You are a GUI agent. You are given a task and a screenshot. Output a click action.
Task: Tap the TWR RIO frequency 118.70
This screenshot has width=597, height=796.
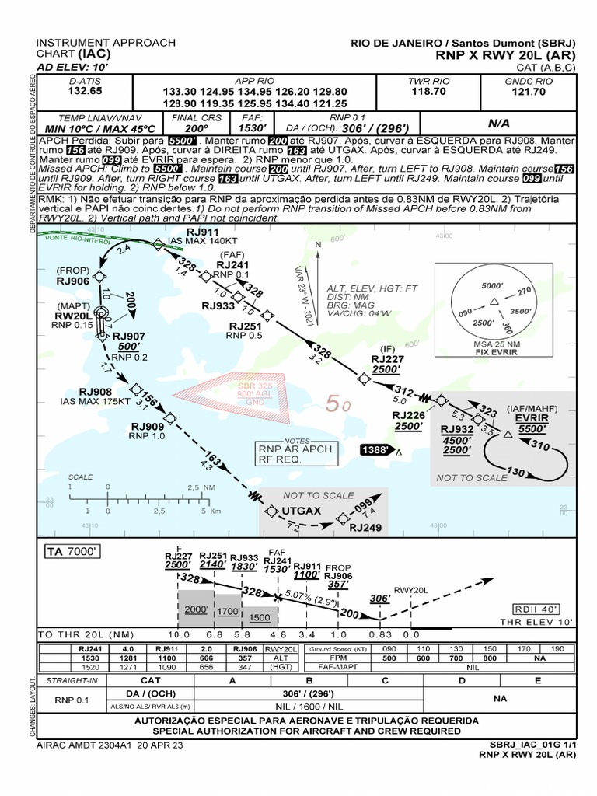tap(429, 91)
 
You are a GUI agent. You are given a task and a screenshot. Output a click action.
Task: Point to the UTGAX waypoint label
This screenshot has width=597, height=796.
tap(302, 511)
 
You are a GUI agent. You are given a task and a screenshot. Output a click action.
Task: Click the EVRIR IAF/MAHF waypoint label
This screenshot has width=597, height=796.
tap(532, 417)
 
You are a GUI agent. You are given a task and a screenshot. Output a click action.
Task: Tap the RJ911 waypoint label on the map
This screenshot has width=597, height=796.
tap(203, 232)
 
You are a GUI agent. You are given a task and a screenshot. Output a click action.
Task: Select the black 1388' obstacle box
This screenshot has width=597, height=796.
tap(376, 450)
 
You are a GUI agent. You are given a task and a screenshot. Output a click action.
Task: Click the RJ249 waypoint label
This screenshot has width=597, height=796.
tap(365, 528)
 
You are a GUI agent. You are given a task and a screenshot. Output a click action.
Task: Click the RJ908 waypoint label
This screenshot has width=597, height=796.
tap(95, 392)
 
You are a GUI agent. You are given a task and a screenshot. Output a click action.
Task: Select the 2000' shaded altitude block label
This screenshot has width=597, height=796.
tap(195, 610)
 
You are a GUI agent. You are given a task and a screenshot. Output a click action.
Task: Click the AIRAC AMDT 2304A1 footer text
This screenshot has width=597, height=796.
tap(110, 744)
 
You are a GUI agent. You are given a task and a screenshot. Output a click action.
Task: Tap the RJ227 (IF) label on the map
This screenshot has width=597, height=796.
tap(387, 359)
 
